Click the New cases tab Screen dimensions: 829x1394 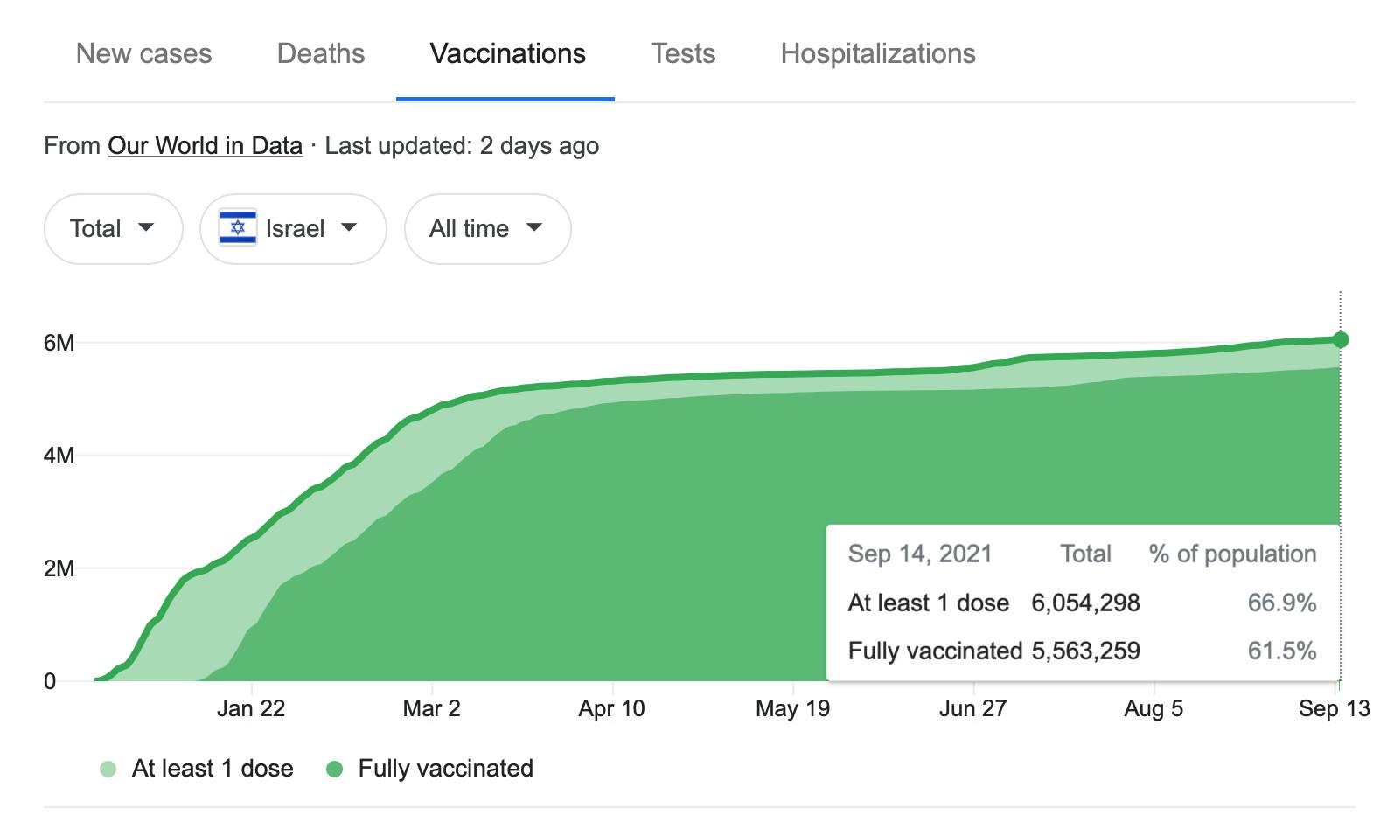[x=143, y=54]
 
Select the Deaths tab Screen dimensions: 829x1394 [x=321, y=54]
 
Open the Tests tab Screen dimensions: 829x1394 [x=683, y=54]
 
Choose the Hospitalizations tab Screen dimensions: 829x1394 [x=878, y=54]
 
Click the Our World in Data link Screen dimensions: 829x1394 [x=205, y=146]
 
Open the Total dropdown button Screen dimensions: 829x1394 [x=113, y=229]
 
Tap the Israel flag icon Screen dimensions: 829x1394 [x=238, y=228]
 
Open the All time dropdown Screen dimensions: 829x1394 [x=487, y=229]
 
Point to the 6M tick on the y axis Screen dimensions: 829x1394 [x=59, y=343]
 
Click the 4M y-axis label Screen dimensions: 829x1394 [x=59, y=456]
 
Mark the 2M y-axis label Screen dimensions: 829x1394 [x=59, y=568]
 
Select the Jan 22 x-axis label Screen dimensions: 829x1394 [x=251, y=708]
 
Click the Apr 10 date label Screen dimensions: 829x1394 [x=611, y=708]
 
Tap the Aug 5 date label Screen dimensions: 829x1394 [x=1154, y=708]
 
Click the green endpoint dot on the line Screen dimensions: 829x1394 [x=1341, y=339]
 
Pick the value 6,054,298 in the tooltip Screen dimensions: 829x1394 [x=1085, y=603]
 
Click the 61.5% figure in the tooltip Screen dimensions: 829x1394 [x=1281, y=651]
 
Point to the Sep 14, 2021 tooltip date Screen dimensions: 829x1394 [x=920, y=554]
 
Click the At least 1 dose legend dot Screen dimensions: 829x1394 [x=108, y=770]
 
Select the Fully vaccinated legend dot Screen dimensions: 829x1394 [x=334, y=770]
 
